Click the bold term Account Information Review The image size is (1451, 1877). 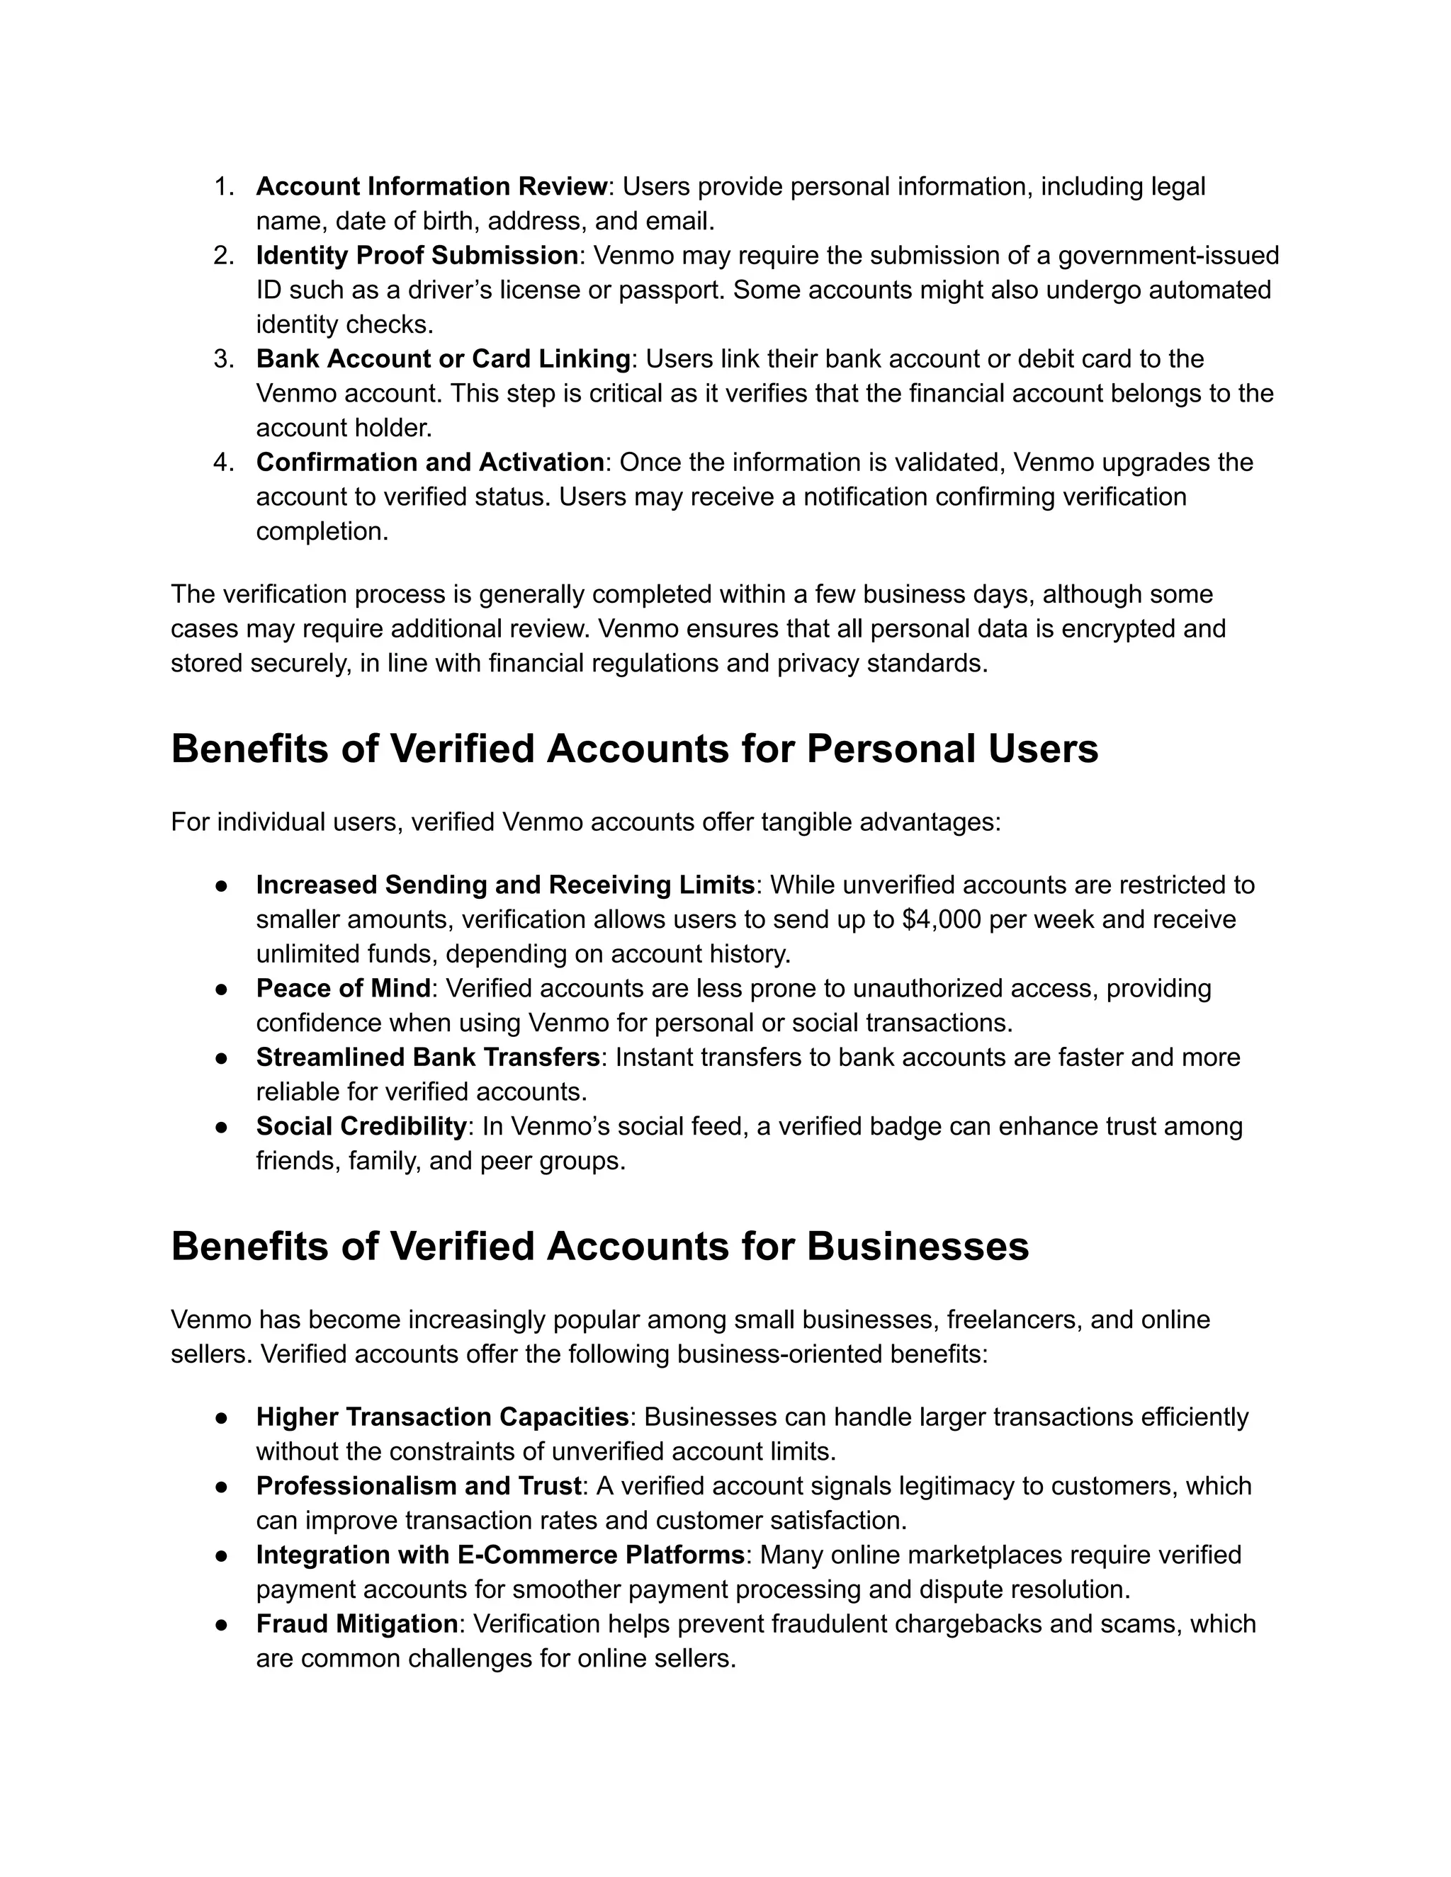coord(431,186)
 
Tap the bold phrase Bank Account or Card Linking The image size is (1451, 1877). coord(444,358)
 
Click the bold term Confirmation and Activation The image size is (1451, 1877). coord(430,463)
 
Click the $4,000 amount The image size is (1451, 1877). coord(942,919)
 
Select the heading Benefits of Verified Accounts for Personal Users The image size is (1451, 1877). coord(634,749)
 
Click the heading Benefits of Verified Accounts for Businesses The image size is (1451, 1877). coord(599,1246)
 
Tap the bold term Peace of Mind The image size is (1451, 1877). coord(343,988)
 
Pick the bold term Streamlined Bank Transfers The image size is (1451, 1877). coord(428,1057)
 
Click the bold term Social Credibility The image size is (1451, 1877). coord(361,1126)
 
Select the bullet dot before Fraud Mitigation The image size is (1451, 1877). coord(221,1624)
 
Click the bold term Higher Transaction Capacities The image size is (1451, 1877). coord(443,1417)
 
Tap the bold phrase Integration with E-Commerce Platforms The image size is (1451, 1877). coord(500,1555)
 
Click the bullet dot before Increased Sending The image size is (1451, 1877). coord(221,885)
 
